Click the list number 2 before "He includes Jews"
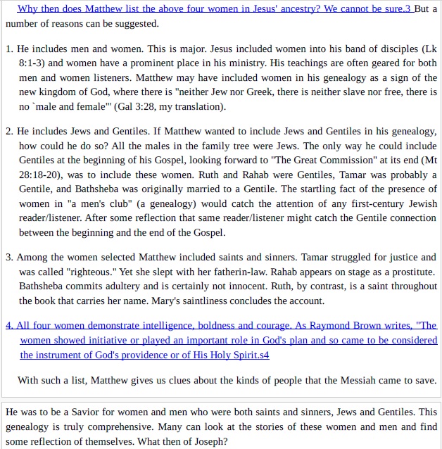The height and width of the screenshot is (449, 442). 8,132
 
